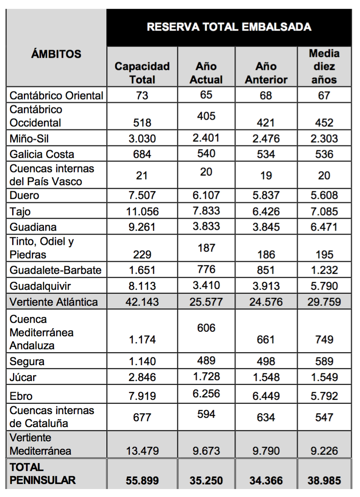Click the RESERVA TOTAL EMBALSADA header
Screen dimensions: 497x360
(229, 27)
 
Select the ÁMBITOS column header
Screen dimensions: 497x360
(56, 54)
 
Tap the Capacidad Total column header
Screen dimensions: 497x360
(142, 73)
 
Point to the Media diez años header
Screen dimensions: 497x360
(324, 66)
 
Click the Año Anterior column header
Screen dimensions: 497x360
(266, 73)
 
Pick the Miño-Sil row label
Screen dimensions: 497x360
(29, 138)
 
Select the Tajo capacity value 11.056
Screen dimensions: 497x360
(142, 212)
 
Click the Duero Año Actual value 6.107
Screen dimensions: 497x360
(206, 195)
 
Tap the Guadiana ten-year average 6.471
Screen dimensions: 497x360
(324, 228)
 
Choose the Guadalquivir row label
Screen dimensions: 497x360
(41, 286)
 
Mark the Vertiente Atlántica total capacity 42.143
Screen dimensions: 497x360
(142, 302)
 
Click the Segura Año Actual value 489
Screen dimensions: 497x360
(206, 361)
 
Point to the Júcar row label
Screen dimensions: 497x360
(23, 377)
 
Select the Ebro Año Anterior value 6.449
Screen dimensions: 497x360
(266, 396)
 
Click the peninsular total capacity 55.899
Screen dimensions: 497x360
(142, 481)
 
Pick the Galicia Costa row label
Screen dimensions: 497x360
(42, 154)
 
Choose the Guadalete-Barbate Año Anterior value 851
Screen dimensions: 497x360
(266, 270)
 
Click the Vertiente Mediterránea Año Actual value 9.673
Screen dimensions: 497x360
(206, 451)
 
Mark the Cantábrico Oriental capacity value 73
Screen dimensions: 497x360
(142, 95)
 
